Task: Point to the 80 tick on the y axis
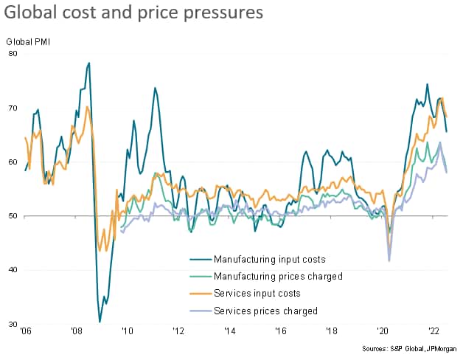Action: [x=13, y=54]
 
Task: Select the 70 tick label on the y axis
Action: [x=13, y=108]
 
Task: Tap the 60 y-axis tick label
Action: [x=13, y=162]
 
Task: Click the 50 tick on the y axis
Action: [x=13, y=216]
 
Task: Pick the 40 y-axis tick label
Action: [x=13, y=270]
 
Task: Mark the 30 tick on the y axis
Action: [x=13, y=325]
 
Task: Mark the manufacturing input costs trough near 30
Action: [x=100, y=322]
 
